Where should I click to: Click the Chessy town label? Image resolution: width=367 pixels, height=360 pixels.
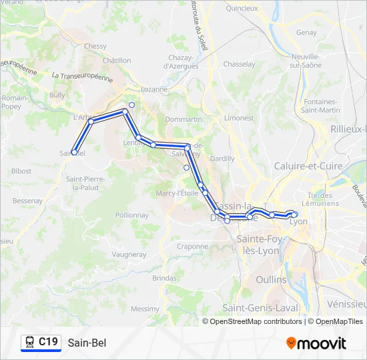[x=95, y=46]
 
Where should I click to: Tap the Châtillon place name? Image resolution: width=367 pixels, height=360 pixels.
[x=117, y=60]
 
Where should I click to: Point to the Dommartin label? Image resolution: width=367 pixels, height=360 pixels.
[x=183, y=119]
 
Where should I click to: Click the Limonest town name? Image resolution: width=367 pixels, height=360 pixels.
[x=239, y=117]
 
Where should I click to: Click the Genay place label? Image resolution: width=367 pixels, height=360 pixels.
[x=306, y=31]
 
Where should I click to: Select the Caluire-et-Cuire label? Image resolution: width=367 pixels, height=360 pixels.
[x=308, y=165]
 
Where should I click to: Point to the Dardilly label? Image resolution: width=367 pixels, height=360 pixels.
[x=222, y=159]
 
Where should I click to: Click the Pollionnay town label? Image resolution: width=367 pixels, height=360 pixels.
[x=132, y=215]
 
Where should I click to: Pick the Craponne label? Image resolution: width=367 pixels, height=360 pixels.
[x=193, y=245]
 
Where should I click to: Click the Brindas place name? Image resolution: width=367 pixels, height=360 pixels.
[x=164, y=277]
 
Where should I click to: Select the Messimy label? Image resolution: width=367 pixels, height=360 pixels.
[x=145, y=309]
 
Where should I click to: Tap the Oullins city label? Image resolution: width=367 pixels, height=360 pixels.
[x=271, y=279]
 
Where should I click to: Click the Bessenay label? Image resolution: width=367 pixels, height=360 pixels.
[x=27, y=200]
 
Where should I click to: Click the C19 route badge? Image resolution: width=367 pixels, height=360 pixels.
[x=41, y=343]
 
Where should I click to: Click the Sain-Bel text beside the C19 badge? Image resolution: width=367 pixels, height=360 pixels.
[x=87, y=343]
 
